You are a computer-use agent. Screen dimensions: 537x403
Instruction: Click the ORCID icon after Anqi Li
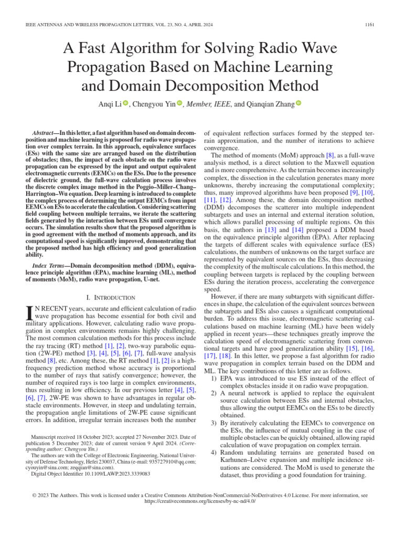click(x=126, y=104)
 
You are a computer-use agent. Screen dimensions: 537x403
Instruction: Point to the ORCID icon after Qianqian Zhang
click(x=299, y=104)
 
